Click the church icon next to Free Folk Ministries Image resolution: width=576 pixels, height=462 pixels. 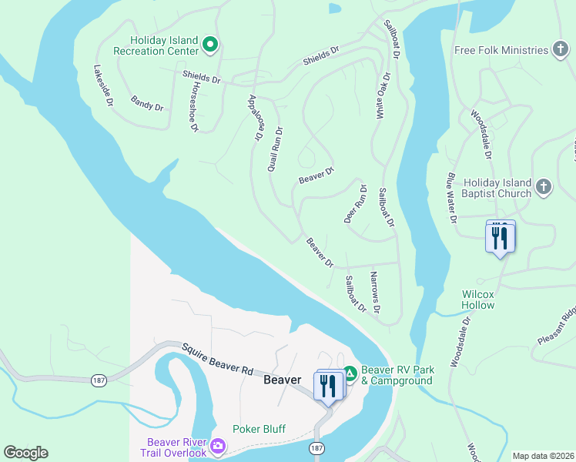coord(561,50)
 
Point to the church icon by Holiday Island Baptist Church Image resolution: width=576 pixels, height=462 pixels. coord(544,187)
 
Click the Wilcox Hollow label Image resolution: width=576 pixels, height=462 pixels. coord(478,300)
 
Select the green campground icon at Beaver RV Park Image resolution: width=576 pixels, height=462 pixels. coord(350,373)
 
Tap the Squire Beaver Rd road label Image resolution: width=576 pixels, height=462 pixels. coord(218,359)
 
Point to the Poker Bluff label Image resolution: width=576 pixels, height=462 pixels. coord(259,429)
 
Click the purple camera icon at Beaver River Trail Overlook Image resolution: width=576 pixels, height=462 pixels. coord(217,447)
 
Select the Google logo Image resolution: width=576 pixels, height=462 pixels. coord(25,453)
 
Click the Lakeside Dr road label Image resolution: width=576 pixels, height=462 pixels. coord(103,85)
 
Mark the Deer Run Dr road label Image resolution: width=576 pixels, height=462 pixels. coord(358,203)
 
